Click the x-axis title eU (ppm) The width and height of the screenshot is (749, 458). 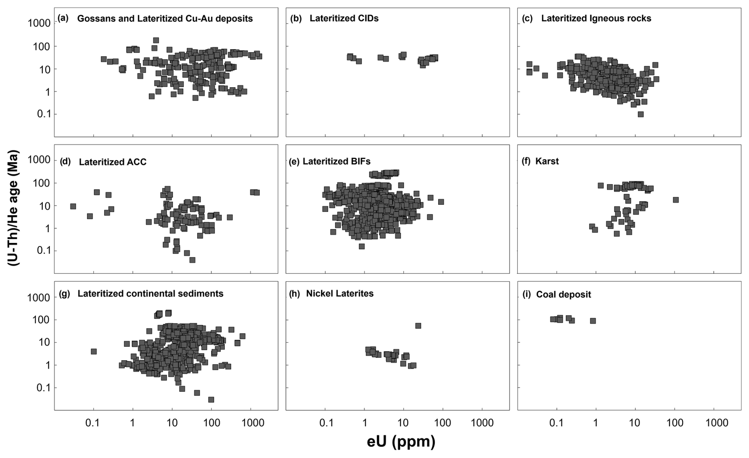click(401, 441)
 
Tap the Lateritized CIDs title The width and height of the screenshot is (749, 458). click(344, 19)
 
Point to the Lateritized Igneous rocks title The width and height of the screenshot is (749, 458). click(596, 19)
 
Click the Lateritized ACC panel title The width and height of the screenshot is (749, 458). click(112, 162)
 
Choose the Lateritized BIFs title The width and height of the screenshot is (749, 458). click(336, 161)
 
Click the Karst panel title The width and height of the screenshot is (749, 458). click(547, 161)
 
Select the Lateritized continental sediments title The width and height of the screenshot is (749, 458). click(150, 294)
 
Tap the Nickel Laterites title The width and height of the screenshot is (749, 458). click(340, 294)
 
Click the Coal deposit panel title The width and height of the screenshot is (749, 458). click(563, 294)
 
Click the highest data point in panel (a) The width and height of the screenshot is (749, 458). click(156, 40)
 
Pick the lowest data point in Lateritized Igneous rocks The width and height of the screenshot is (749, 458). click(641, 114)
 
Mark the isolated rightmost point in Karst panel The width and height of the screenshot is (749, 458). click(676, 200)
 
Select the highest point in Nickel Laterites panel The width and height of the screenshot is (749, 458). click(418, 326)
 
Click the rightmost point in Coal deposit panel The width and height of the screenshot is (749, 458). click(593, 321)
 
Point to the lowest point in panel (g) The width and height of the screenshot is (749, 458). click(211, 399)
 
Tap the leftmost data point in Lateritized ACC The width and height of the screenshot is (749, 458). click(73, 206)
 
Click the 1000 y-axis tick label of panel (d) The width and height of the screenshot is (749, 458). click(39, 160)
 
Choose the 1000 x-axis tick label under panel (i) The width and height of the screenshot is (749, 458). click(716, 423)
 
